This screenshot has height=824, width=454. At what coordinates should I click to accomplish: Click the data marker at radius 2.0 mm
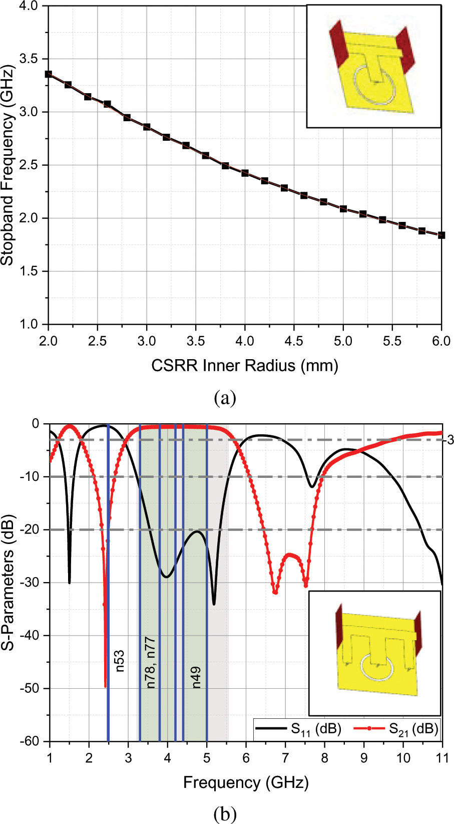pos(49,74)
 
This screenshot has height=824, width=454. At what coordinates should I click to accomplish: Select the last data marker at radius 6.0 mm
pos(441,235)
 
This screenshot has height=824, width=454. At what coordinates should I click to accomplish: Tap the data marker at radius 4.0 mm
pos(245,173)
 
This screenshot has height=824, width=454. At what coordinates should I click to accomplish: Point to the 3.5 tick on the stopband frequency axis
pos(29,59)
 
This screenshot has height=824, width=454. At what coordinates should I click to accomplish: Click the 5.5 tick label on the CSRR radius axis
pos(392,341)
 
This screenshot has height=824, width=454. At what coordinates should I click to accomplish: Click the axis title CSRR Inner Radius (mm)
pos(245,365)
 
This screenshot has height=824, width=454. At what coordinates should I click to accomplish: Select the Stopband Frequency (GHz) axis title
pos(7,165)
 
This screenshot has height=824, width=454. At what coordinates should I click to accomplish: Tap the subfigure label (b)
pos(225,814)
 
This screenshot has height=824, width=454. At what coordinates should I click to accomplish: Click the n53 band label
pos(120,661)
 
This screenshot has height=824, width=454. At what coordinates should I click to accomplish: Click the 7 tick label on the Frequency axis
pos(285,757)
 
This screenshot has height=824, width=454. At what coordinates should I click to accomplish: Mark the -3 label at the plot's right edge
pos(449,441)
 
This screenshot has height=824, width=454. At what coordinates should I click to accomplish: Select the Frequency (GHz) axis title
pos(245,782)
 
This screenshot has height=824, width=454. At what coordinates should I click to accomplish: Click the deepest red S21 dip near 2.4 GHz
pos(105,686)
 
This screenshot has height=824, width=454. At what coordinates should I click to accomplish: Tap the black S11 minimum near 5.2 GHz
pos(214,604)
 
